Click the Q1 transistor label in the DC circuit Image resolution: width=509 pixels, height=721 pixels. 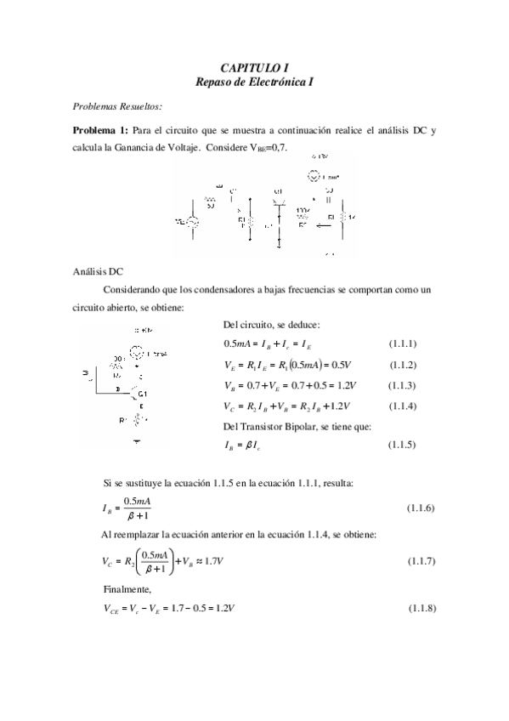143,395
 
